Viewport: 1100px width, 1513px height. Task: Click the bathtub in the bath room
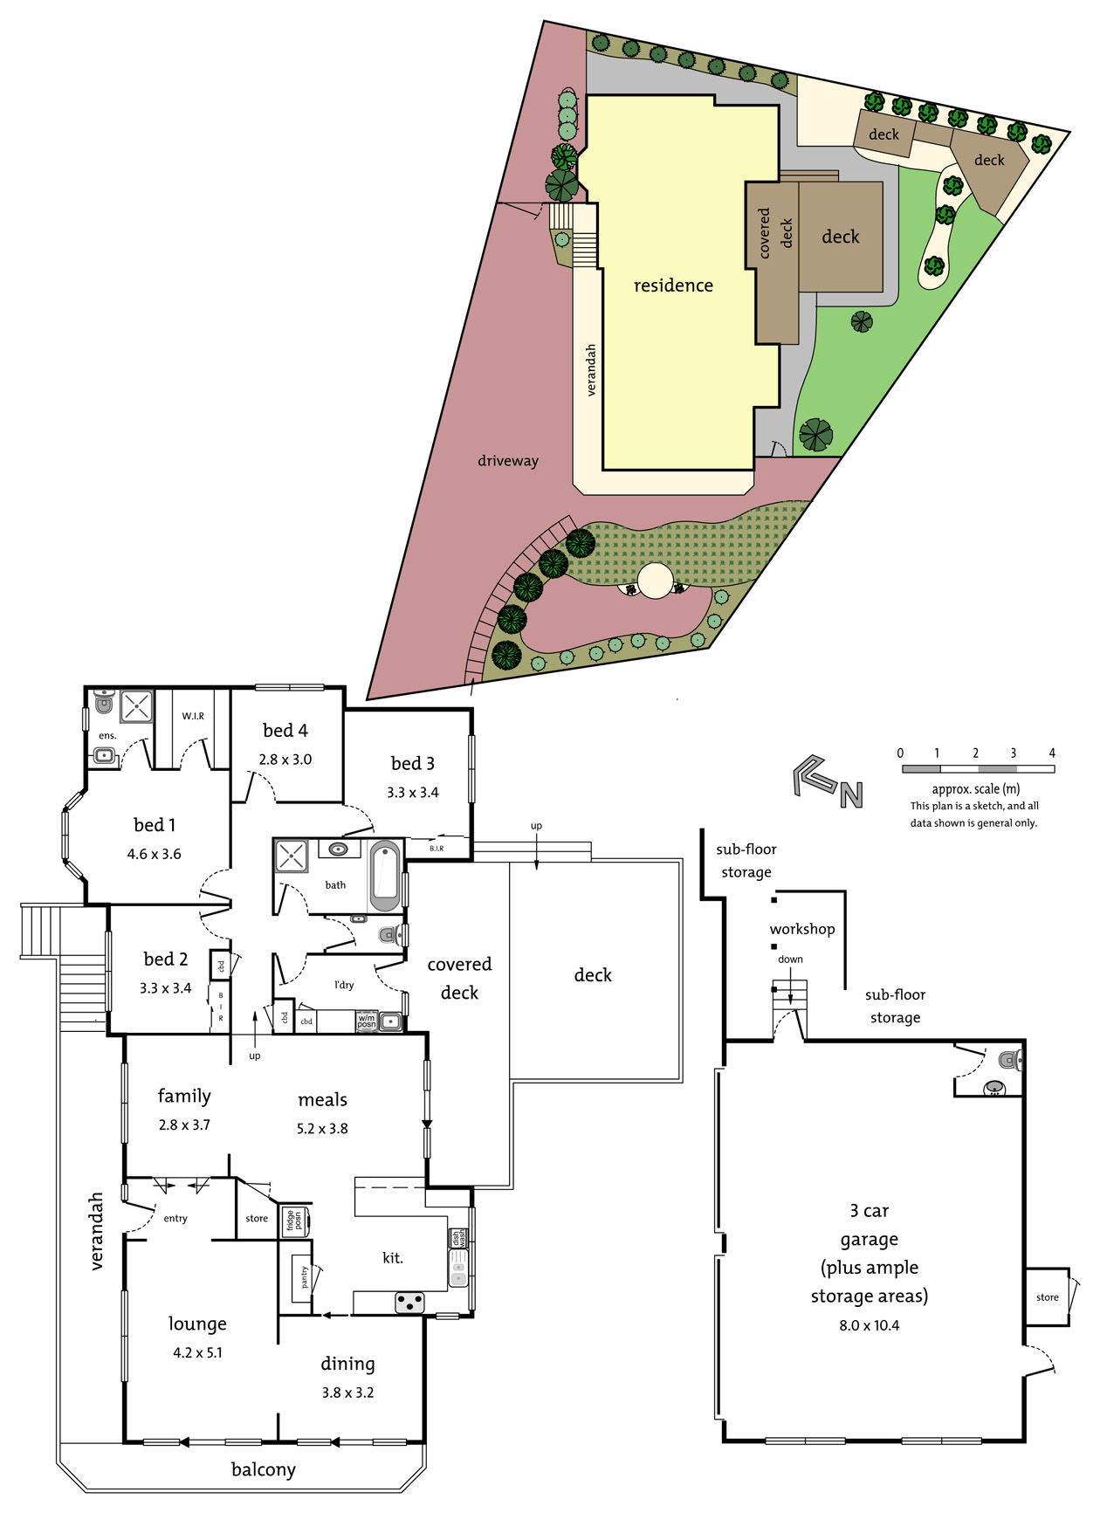(x=385, y=876)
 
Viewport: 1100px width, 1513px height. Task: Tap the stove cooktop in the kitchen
(x=409, y=1303)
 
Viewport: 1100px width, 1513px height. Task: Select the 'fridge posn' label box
(x=294, y=1220)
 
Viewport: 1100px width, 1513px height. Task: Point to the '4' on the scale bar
(x=1052, y=753)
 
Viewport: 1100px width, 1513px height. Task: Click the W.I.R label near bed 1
(x=193, y=716)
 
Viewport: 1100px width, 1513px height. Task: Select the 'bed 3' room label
(x=413, y=764)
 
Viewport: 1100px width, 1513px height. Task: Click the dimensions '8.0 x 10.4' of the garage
(x=870, y=1325)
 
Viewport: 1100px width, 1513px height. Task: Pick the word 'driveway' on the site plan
(x=508, y=461)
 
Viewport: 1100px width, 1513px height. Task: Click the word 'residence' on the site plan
(x=673, y=285)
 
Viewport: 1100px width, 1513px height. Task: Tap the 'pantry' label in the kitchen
(x=304, y=1276)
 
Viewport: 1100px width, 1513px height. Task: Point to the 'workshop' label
(x=802, y=929)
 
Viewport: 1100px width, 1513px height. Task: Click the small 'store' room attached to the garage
(x=1047, y=1297)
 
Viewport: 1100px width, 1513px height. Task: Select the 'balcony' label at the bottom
(x=264, y=1469)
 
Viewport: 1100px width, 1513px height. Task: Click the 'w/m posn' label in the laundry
(x=367, y=1021)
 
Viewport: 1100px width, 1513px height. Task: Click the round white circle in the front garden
(x=656, y=580)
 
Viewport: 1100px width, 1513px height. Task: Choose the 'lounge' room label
(x=197, y=1324)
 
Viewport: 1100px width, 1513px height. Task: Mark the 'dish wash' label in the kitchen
(x=457, y=1238)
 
